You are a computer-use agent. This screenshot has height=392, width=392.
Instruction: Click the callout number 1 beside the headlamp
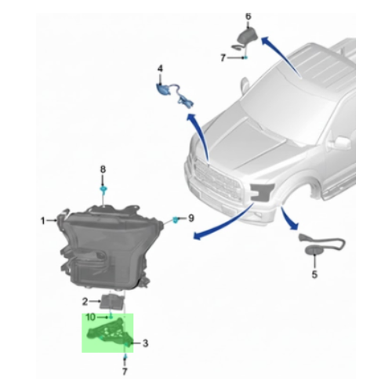pyautogui.click(x=43, y=221)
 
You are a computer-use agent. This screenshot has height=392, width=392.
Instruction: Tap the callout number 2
pyautogui.click(x=85, y=301)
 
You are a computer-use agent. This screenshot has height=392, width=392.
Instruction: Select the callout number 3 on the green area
pyautogui.click(x=144, y=343)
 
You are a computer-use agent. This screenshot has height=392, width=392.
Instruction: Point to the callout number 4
pyautogui.click(x=160, y=69)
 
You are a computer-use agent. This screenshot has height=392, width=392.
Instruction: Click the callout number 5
pyautogui.click(x=314, y=274)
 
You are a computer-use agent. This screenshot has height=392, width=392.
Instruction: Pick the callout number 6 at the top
pyautogui.click(x=249, y=16)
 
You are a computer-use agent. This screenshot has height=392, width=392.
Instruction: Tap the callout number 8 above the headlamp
pyautogui.click(x=102, y=169)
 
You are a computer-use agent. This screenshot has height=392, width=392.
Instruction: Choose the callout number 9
pyautogui.click(x=190, y=217)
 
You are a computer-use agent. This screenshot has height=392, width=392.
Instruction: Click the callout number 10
pyautogui.click(x=90, y=316)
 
